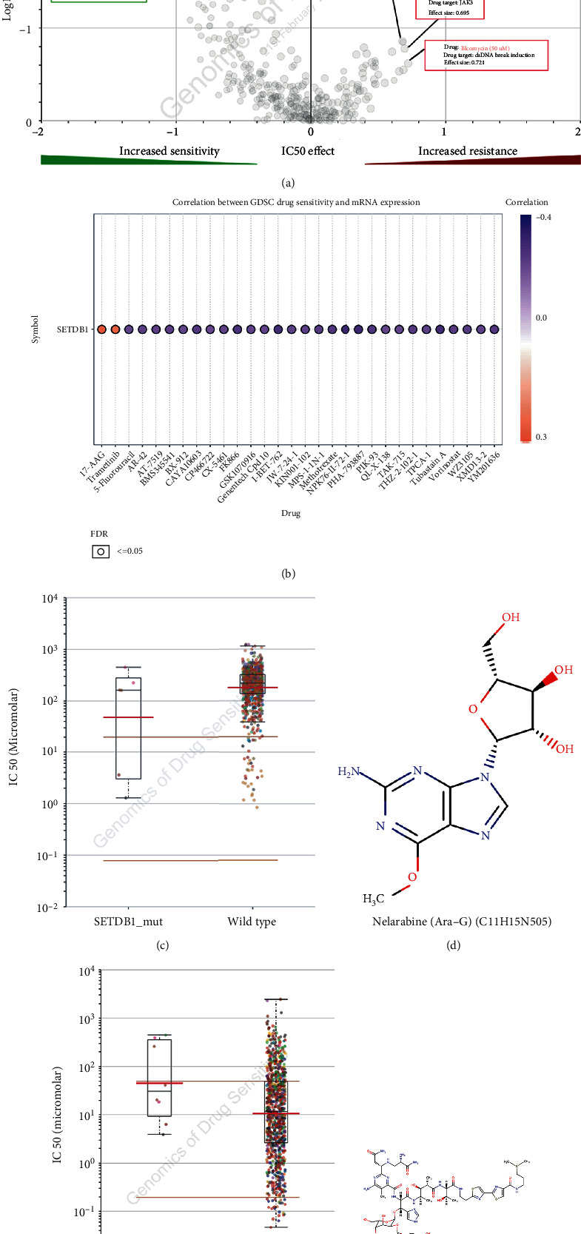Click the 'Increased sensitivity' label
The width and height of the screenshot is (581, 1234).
pos(169,151)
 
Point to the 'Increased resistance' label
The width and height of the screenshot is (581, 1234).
pos(467,151)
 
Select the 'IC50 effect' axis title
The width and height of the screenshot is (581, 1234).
pos(308,151)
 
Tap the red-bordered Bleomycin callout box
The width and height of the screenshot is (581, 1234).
pos(486,56)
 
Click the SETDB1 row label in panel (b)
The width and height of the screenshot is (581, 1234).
pos(73,329)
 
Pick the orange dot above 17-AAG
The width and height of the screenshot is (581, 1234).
pos(102,329)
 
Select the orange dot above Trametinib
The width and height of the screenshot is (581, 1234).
pos(115,329)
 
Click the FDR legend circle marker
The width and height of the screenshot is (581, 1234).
pos(101,551)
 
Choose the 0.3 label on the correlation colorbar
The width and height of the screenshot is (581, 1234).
pos(541,437)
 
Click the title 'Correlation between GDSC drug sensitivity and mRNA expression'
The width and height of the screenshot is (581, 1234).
pos(296,202)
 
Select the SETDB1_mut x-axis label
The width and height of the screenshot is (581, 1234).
pos(128,922)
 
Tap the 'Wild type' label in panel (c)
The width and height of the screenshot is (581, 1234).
pos(252,922)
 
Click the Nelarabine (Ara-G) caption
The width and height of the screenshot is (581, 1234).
pos(462,922)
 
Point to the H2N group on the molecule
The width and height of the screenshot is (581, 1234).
pos(349,771)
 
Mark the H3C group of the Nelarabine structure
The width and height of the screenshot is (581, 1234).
pos(373,899)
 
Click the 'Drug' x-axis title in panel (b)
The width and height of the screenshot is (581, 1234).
pos(291,513)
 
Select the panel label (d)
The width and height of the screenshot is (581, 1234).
pos(453,945)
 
